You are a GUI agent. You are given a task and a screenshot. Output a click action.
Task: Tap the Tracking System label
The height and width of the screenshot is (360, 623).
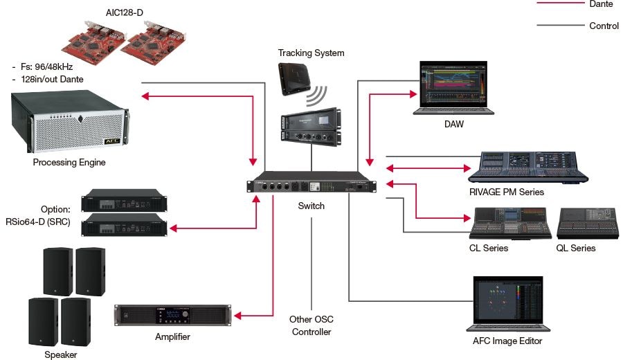click(x=311, y=53)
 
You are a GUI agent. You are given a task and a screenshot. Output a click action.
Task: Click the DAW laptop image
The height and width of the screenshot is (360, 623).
click(x=454, y=87)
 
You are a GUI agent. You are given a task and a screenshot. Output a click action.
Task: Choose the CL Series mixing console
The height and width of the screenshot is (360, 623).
click(x=511, y=223)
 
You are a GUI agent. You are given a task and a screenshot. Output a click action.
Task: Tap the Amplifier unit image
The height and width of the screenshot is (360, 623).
click(x=172, y=316)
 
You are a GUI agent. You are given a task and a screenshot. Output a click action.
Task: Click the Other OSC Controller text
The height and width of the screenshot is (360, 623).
click(x=311, y=325)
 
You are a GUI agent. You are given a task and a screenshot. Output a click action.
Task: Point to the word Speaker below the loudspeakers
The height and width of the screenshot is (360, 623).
click(x=61, y=354)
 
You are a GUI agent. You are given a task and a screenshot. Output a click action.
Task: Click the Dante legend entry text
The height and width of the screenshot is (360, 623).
click(x=600, y=4)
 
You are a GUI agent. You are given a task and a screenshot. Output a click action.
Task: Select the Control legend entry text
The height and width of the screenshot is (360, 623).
click(x=603, y=26)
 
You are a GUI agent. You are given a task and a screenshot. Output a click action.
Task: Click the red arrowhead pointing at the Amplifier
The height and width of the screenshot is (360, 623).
click(x=238, y=316)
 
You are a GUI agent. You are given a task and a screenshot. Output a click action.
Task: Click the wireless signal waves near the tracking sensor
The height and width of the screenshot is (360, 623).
click(x=319, y=93)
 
